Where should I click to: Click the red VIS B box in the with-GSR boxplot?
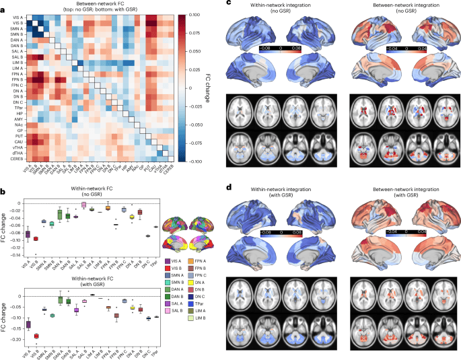tap(36, 336)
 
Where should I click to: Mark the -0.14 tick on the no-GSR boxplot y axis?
tap(16, 256)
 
